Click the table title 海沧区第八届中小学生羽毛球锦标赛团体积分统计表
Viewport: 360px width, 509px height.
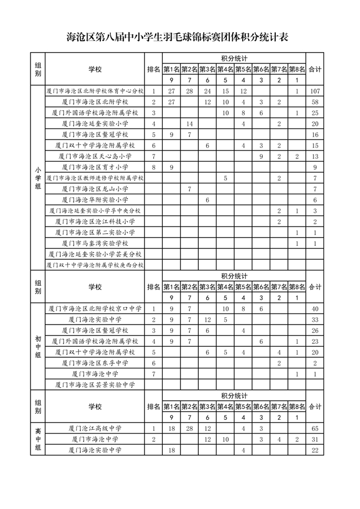coord(179,38)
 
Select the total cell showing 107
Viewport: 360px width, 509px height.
coord(315,91)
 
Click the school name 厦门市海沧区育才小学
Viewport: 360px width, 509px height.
coord(95,167)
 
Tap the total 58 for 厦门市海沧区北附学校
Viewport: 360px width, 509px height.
coord(315,102)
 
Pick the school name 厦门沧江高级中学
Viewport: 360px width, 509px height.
coord(95,428)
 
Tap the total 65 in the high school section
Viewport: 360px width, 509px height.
coord(315,428)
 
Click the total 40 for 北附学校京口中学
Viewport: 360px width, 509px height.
coord(315,308)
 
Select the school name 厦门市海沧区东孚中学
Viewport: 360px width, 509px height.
coord(95,363)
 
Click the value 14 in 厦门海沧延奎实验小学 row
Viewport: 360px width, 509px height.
coord(189,124)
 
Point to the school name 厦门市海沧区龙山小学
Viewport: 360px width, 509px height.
coord(95,189)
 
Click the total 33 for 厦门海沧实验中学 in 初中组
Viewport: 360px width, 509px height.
coord(315,320)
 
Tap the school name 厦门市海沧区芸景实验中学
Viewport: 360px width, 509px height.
coord(95,384)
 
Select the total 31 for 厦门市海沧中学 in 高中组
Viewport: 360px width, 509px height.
coord(315,439)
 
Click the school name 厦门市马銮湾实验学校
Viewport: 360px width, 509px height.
coord(95,243)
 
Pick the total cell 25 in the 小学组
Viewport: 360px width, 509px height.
coord(315,113)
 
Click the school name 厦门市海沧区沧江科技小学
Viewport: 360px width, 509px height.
coord(95,222)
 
